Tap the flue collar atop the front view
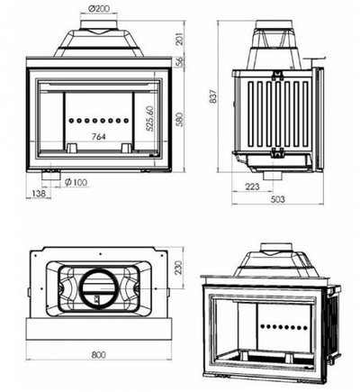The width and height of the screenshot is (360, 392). click(x=100, y=29)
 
